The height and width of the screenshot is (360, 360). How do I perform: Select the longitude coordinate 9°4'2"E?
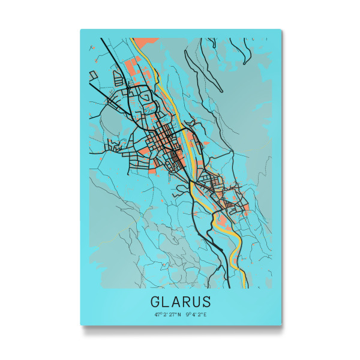tap(196, 314)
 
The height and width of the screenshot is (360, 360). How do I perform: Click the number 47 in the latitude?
tap(157, 314)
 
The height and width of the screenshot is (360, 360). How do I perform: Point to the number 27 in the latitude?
tap(172, 314)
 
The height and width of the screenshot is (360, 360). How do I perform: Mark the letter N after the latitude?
tap(179, 314)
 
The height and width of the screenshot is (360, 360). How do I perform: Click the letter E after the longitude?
tap(205, 314)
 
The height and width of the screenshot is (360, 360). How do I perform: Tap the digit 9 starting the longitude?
tap(187, 314)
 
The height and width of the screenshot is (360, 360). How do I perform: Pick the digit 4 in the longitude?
tap(194, 314)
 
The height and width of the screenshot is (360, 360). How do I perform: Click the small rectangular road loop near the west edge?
tap(93, 76)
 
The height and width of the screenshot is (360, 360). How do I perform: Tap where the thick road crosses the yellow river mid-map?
tap(190, 180)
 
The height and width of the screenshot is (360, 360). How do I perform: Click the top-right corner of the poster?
tap(281, 29)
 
